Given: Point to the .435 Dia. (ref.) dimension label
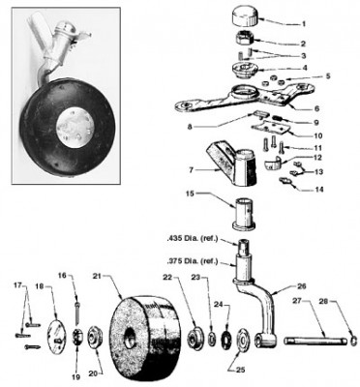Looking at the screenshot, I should click(x=194, y=237).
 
